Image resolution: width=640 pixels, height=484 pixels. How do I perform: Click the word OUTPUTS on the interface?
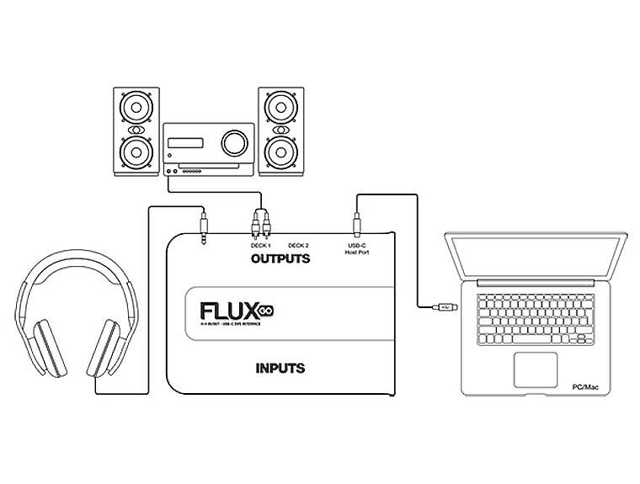tap(280, 258)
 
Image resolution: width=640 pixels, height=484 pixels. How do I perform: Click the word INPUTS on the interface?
tap(280, 368)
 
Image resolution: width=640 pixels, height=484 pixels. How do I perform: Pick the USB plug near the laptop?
tap(445, 308)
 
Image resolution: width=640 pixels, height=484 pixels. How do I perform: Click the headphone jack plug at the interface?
tap(205, 226)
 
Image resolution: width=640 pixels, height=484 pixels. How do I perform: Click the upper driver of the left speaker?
tap(135, 109)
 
